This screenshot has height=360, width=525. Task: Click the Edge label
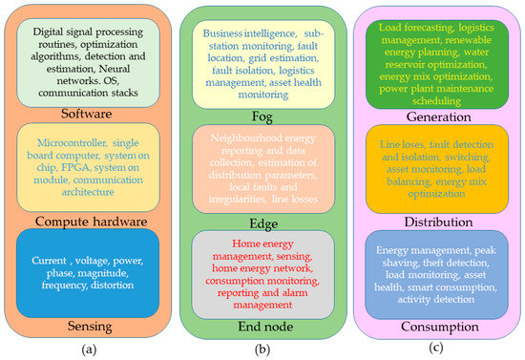coord(262,223)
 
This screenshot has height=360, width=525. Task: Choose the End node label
coord(262,328)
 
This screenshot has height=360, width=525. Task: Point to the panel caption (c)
coord(434,349)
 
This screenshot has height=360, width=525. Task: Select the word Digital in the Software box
coord(52,32)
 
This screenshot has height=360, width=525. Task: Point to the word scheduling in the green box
coord(434,98)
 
